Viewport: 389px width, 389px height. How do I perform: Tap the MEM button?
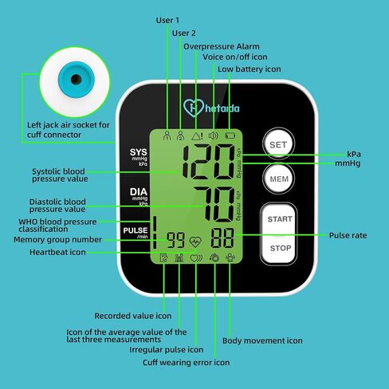pyautogui.click(x=279, y=179)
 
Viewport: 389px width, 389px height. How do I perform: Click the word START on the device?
pyautogui.click(x=280, y=219)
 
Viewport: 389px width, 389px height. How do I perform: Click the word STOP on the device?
pyautogui.click(x=281, y=248)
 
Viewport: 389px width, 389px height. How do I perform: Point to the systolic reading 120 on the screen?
pyautogui.click(x=209, y=162)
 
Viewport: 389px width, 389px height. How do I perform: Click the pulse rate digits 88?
pyautogui.click(x=222, y=238)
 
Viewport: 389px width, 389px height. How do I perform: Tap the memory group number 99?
pyautogui.click(x=175, y=240)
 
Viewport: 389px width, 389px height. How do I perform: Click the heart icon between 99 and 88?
pyautogui.click(x=195, y=242)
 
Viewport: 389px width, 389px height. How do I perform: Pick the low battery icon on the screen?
pyautogui.click(x=230, y=136)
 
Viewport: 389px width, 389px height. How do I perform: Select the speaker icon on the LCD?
pyautogui.click(x=214, y=136)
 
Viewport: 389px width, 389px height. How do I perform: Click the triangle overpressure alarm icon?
pyautogui.click(x=197, y=136)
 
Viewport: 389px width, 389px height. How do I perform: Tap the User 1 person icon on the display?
pyautogui.click(x=167, y=136)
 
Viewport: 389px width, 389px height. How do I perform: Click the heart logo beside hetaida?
pyautogui.click(x=194, y=108)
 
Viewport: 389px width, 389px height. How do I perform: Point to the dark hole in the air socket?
pyautogui.click(x=76, y=79)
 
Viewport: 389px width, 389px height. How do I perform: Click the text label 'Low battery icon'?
pyautogui.click(x=250, y=69)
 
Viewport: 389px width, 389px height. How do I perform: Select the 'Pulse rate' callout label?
pyautogui.click(x=348, y=235)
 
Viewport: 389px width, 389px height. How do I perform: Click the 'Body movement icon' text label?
pyautogui.click(x=262, y=340)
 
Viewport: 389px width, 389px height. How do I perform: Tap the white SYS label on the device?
pyautogui.click(x=138, y=152)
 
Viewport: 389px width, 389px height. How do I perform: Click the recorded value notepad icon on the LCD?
pyautogui.click(x=163, y=257)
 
